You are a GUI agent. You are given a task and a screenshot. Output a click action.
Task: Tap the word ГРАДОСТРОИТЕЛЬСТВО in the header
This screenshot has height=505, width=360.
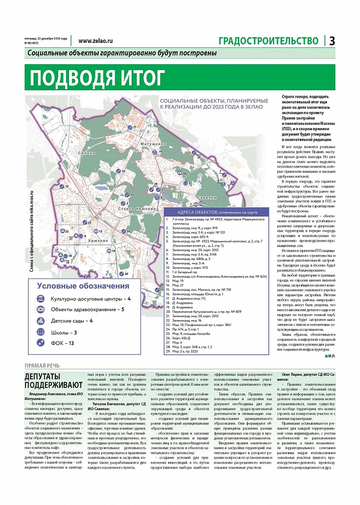(x=268, y=41)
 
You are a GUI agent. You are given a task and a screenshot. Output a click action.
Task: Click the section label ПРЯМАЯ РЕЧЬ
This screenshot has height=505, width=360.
(x=42, y=365)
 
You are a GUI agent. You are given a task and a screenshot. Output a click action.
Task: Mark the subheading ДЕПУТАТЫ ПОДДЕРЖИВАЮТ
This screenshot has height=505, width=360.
(x=47, y=381)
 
